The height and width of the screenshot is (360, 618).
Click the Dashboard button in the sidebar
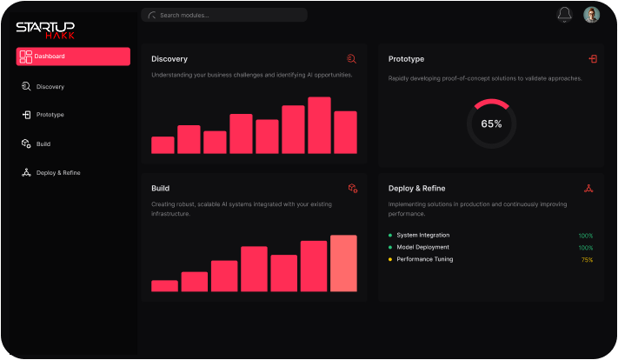click(73, 57)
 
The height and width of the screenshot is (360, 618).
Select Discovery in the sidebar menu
click(50, 87)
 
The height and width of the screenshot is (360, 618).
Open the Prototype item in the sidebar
click(50, 115)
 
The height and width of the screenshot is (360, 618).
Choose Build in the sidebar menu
click(43, 143)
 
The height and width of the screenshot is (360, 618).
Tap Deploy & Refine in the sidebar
click(58, 173)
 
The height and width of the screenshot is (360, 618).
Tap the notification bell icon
click(565, 15)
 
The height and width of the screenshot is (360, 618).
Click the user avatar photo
click(591, 15)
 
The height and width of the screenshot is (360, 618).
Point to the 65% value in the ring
click(491, 124)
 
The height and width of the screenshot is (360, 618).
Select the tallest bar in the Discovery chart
click(319, 125)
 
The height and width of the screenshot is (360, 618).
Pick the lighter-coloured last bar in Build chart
click(343, 263)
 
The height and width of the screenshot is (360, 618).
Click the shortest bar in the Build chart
click(164, 285)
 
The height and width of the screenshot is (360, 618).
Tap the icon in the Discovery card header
click(351, 59)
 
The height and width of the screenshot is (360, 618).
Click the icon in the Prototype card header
click(593, 59)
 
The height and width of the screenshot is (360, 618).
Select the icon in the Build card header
click(353, 188)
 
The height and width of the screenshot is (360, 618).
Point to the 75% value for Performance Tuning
click(587, 260)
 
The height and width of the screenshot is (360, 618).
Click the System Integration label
click(422, 236)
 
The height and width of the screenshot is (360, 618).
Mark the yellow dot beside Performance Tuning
click(390, 259)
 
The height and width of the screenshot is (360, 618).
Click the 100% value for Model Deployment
click(586, 248)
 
